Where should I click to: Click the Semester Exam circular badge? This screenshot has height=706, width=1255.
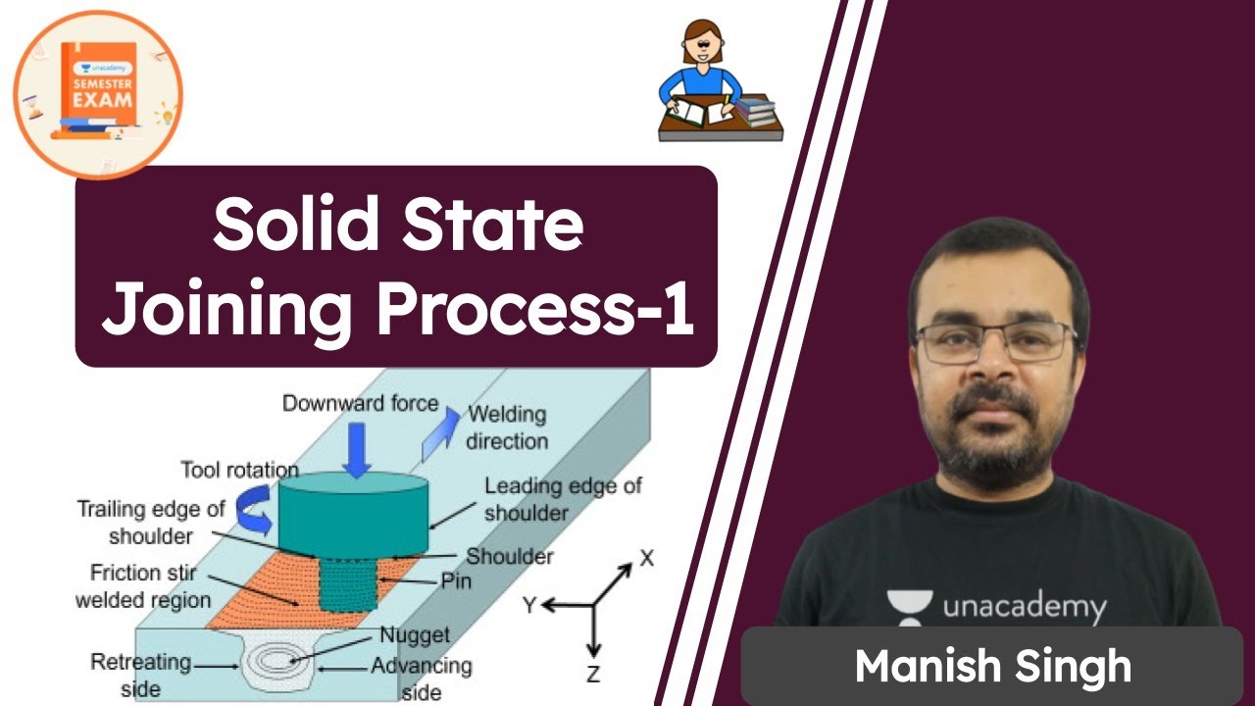click(x=99, y=94)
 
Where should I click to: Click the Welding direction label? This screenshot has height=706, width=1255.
click(x=507, y=428)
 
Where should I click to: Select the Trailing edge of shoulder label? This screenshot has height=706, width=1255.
click(x=152, y=523)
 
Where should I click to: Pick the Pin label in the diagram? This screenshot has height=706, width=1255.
click(x=456, y=581)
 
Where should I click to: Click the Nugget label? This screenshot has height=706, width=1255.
click(x=415, y=635)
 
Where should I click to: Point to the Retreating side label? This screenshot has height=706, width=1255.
click(x=140, y=674)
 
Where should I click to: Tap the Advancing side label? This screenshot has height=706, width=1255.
click(x=421, y=678)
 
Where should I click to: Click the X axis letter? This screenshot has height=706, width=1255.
click(x=646, y=559)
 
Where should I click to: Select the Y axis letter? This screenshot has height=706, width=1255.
click(x=529, y=606)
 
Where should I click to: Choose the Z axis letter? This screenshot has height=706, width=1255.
click(x=593, y=674)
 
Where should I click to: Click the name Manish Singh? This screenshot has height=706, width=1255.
click(x=992, y=667)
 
